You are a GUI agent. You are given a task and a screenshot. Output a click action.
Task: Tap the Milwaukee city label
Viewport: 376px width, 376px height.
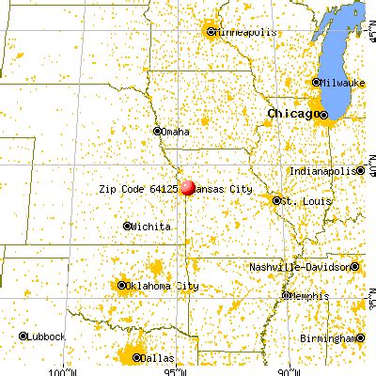[x=348, y=83]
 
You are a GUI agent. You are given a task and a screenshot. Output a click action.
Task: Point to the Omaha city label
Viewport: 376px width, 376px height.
[x=176, y=132]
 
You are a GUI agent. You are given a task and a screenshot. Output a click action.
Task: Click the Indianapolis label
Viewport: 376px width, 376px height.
[x=328, y=171]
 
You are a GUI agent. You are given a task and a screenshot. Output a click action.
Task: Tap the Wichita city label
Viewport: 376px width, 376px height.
[x=152, y=227]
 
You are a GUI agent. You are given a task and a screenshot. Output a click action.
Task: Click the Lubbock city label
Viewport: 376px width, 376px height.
[x=46, y=336]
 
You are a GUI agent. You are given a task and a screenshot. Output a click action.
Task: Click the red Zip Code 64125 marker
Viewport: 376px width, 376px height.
[x=188, y=188]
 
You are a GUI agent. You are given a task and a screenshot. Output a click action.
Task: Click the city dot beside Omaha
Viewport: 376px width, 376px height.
[x=157, y=132]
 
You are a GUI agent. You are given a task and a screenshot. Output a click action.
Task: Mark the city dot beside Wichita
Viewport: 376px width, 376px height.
[x=128, y=226]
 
